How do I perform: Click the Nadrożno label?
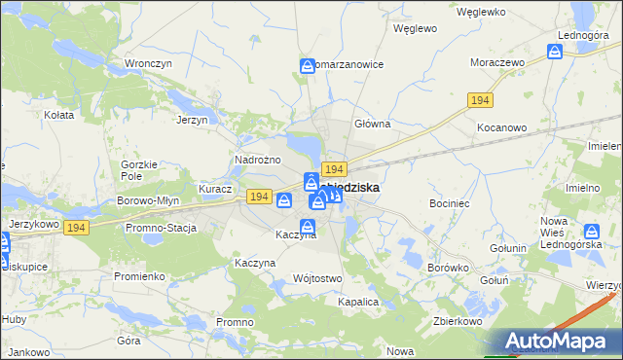258,160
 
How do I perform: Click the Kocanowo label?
501,127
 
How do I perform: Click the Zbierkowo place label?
459,320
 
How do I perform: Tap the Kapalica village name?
357,303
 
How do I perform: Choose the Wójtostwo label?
317,279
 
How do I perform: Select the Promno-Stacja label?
161,229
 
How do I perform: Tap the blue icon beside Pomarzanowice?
307,65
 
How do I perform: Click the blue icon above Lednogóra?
556,53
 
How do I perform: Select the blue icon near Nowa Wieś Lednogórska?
591,232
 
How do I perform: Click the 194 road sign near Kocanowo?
480,100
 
